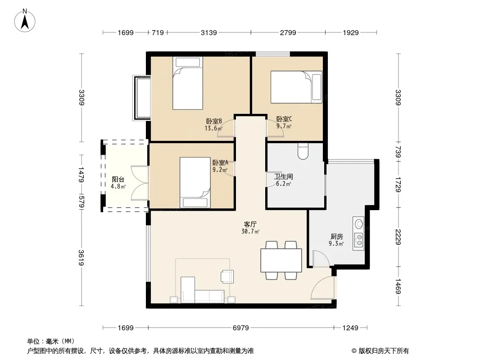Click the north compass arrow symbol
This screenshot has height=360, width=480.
click(x=25, y=21)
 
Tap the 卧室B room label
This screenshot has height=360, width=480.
click(x=214, y=121)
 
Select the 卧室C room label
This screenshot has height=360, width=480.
click(x=284, y=119)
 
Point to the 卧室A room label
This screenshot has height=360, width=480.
click(x=220, y=163)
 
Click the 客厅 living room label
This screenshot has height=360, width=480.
click(x=250, y=225)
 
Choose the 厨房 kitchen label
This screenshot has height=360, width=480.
click(x=337, y=236)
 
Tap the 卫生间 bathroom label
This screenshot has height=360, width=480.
click(x=284, y=176)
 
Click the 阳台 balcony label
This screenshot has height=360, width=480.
click(x=118, y=179)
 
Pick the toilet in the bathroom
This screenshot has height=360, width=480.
click(x=303, y=151)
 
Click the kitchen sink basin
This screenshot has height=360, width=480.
click(x=358, y=224)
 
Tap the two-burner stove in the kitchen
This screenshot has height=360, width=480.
click(x=358, y=239)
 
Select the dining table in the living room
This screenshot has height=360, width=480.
click(x=281, y=260)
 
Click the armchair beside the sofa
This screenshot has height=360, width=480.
click(x=227, y=276)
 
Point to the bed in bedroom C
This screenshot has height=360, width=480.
click(x=296, y=87)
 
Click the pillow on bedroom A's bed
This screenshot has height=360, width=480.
click(x=195, y=202)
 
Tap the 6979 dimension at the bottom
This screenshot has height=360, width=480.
click(x=241, y=328)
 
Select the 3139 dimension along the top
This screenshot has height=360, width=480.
click(x=209, y=32)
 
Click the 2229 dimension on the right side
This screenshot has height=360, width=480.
click(x=398, y=237)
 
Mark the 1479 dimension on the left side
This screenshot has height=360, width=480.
click(x=82, y=175)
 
